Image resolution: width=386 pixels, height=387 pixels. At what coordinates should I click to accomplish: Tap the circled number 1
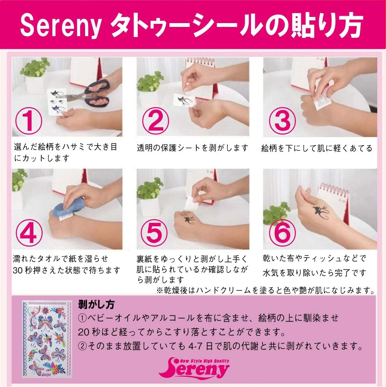coord(29,120)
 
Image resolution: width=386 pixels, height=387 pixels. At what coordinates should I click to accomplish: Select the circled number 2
coord(156,120)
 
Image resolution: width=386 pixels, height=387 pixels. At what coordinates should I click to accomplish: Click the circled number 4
coord(29,232)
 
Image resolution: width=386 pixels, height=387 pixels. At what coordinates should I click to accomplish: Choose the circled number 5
coord(156,232)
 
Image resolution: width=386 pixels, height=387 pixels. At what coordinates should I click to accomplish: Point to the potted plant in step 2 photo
coord(150,84)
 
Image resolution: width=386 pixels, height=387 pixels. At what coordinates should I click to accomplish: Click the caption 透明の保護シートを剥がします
coord(193,148)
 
